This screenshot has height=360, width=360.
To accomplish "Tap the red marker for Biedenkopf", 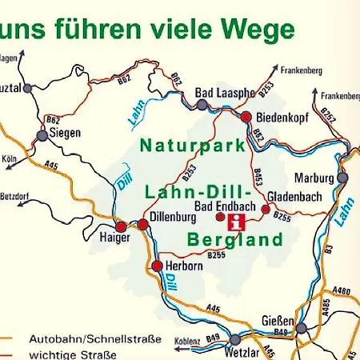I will tap(246, 117).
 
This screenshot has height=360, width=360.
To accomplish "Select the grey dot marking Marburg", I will tap(343, 178).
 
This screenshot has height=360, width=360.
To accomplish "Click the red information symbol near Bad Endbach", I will tap(237, 222).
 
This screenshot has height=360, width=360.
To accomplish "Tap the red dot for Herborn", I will tap(158, 265).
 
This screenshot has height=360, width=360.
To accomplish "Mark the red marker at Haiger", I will tap(121, 226).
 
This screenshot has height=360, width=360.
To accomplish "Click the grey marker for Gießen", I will tap(302, 328).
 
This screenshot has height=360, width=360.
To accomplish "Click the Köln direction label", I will tap(10, 158).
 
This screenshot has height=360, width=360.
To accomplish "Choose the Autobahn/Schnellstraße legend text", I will tap(94, 339).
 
